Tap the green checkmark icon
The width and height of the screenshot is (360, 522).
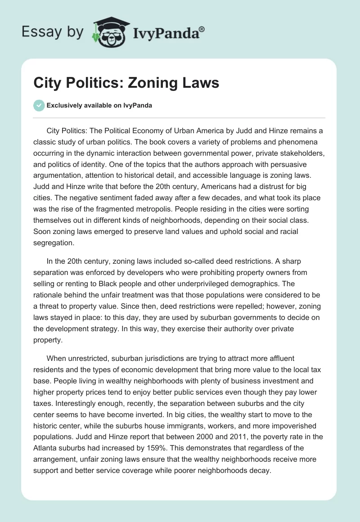click(39, 105)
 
